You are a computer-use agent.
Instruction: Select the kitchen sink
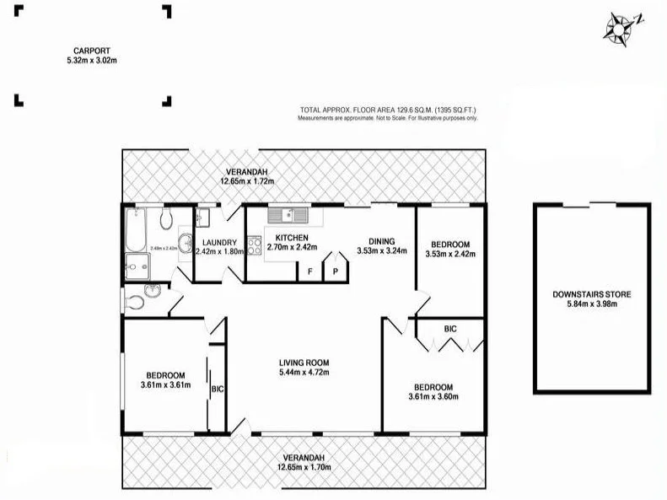point(284,214)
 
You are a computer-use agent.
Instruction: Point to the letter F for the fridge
point(310,272)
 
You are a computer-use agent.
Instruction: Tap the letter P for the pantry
point(335,272)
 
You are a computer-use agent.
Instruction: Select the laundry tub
point(203,218)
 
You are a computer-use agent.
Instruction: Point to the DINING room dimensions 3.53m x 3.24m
point(381,250)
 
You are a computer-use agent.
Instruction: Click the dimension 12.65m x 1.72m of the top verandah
point(247,181)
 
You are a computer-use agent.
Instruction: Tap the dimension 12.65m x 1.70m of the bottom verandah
point(304,466)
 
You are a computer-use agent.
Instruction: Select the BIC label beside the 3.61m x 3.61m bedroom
point(217,389)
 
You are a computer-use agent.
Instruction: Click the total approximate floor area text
point(388,110)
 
